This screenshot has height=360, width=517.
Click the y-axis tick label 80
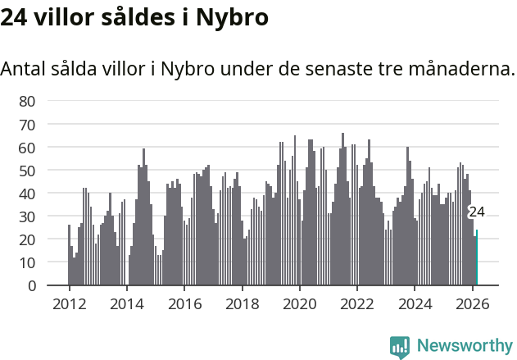click(27, 101)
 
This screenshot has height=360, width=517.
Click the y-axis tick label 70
click(27, 124)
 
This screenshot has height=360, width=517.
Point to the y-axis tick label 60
click(27, 148)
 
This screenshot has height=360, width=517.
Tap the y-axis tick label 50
click(27, 171)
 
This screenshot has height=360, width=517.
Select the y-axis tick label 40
click(27, 194)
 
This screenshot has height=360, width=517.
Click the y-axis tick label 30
click(27, 216)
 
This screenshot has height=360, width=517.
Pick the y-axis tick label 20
click(27, 239)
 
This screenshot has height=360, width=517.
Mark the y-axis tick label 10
click(27, 262)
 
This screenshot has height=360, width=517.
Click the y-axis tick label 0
click(31, 285)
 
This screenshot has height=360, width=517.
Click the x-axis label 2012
click(69, 303)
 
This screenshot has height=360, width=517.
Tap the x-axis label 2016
click(184, 303)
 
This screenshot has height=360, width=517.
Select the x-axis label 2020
click(299, 303)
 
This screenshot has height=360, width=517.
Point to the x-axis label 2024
click(415, 303)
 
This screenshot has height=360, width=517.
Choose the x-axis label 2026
click(472, 303)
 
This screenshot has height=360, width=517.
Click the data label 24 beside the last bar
click(476, 212)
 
